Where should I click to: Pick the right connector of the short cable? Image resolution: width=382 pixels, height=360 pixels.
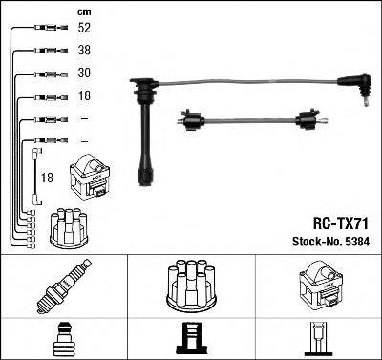[x=308, y=120]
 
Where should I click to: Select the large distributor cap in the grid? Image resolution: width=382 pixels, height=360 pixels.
[x=190, y=286]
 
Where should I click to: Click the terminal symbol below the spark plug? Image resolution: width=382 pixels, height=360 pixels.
[x=63, y=339]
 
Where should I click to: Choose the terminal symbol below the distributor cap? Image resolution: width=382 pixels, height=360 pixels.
[x=190, y=339]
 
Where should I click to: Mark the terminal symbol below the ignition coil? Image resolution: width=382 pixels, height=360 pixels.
[x=318, y=339]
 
